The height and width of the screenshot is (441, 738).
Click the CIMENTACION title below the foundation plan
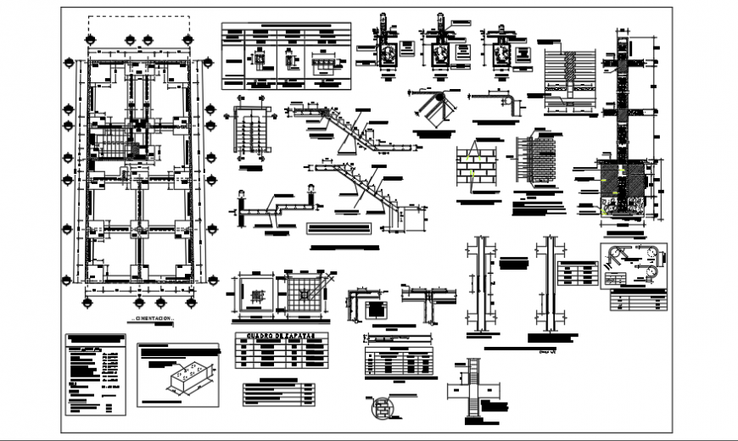coord(153,319)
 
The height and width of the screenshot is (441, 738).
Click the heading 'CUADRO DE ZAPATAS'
coord(277,338)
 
